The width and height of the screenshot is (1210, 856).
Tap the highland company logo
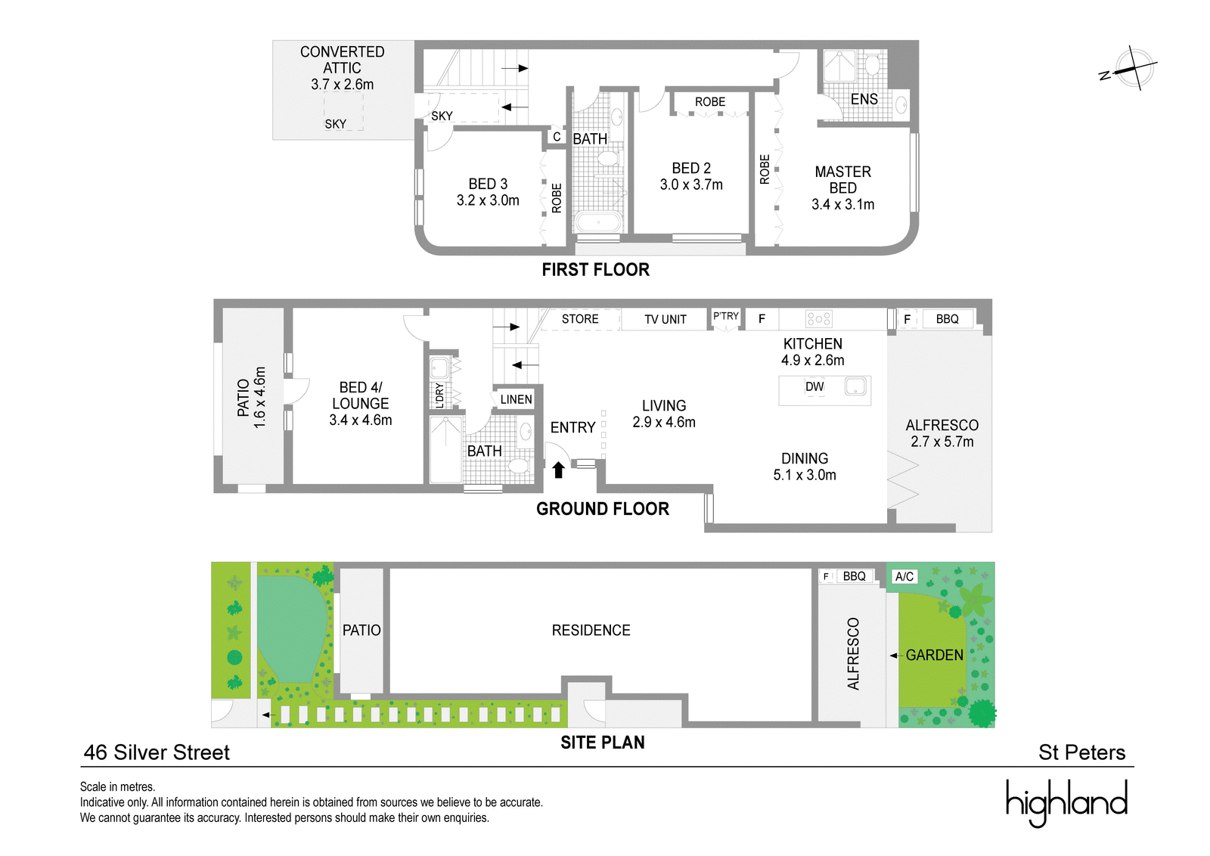point(1066,802)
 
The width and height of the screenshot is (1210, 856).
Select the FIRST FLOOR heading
point(595,269)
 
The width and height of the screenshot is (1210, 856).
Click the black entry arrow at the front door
point(559,470)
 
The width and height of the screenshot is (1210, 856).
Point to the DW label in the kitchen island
point(814,386)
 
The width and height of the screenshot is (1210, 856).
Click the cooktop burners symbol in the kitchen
point(818,318)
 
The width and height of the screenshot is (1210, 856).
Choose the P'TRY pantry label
point(725,316)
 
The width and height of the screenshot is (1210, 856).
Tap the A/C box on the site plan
point(904,576)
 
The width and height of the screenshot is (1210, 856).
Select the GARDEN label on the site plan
point(934,655)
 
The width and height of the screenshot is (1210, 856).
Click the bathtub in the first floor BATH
point(598,222)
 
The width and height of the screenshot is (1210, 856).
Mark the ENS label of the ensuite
point(864,99)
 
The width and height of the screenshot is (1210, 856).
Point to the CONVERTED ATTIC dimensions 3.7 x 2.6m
point(342,84)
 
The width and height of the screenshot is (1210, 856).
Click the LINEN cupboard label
point(516,400)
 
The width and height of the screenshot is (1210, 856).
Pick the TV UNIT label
point(665,319)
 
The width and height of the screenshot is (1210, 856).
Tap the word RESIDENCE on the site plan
point(591,630)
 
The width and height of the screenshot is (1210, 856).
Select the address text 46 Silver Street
point(157,752)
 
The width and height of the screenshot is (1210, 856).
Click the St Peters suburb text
point(1081,752)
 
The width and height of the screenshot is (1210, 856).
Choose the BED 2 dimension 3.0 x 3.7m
point(691,185)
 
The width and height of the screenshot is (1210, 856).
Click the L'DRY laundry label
point(439,395)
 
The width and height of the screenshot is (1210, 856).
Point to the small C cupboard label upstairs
point(557,137)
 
